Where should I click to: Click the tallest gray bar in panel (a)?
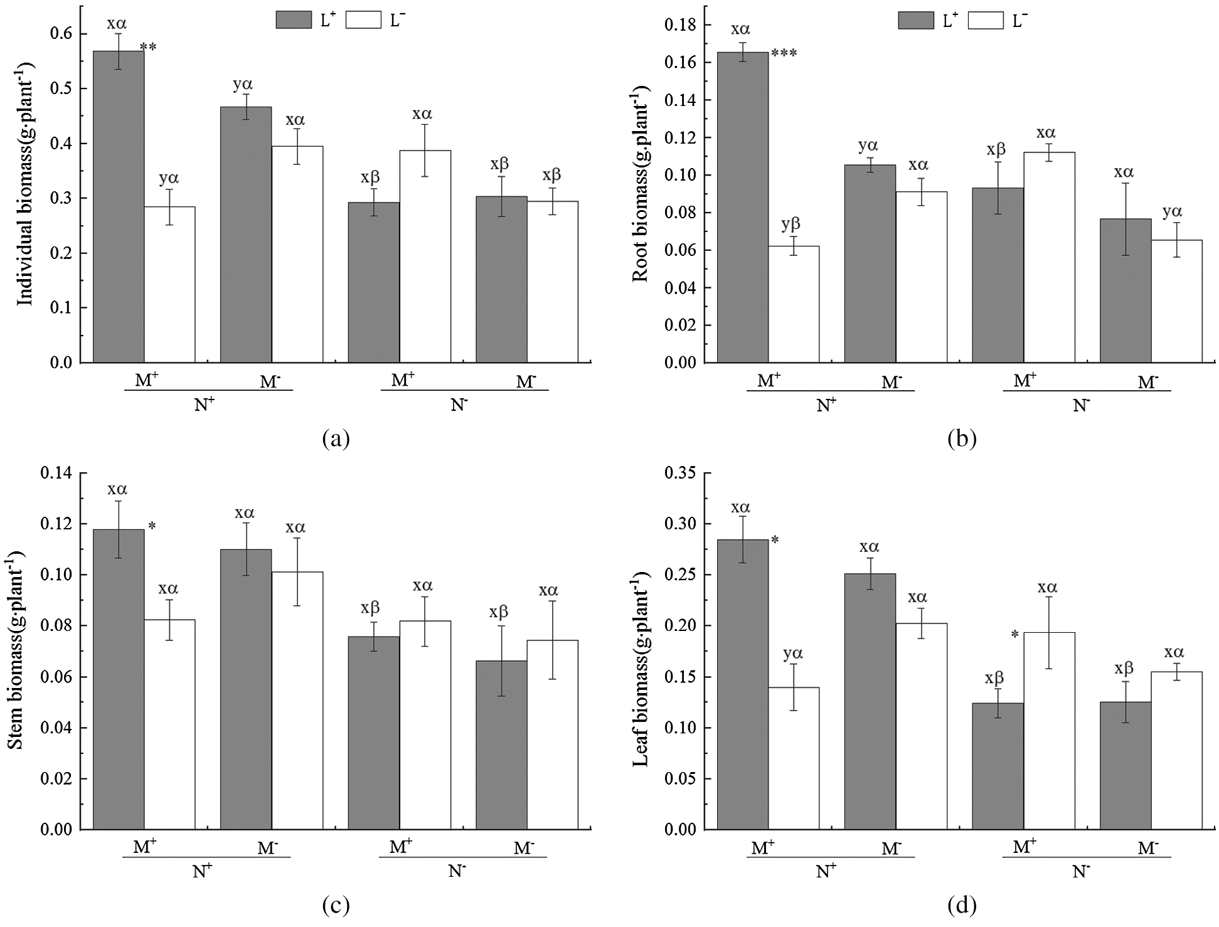point(119,207)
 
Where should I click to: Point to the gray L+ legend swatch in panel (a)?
point(293,19)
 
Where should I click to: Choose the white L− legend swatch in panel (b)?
point(985,19)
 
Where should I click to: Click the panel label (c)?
point(335,905)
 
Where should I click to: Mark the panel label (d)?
point(961,905)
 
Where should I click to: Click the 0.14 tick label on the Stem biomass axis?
point(56,473)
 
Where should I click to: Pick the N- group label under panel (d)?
point(1080,872)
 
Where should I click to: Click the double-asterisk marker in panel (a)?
point(148,47)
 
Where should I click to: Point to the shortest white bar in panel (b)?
point(794,304)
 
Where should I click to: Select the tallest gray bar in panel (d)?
point(742,684)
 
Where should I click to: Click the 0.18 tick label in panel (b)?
point(680,25)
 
